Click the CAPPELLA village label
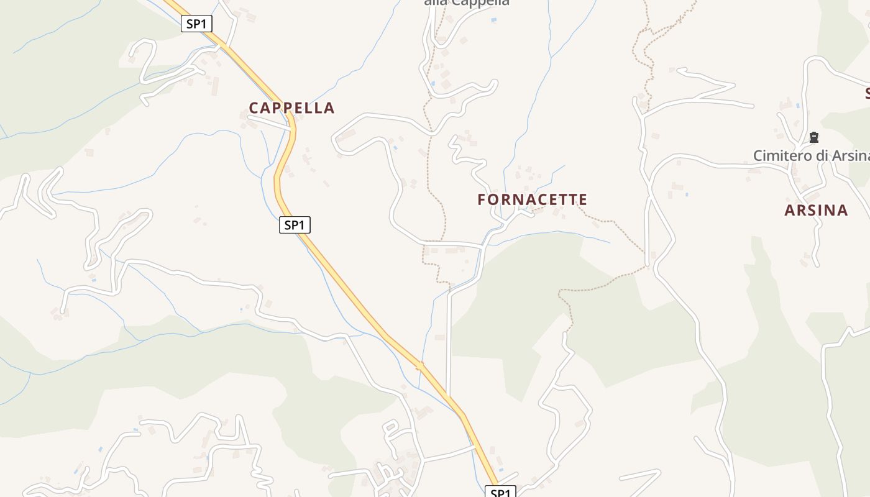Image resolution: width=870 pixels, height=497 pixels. pos(291,107)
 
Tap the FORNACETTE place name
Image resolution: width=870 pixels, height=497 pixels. pos(532,199)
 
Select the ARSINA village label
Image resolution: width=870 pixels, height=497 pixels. pos(816,210)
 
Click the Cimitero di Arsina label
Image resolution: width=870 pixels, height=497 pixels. pos(811,155)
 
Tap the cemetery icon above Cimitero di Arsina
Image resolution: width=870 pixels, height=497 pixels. pos(813,137)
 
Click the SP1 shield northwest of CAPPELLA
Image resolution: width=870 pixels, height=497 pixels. pos(196,24)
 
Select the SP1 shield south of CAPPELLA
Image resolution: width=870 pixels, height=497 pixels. pos(294,225)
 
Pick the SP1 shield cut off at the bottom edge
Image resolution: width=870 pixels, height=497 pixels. pos(500,493)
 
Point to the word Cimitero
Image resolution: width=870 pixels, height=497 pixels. pos(781,155)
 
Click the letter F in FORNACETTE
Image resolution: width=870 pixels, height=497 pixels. pos(482,199)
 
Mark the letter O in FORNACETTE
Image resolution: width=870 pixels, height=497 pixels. pos(493,199)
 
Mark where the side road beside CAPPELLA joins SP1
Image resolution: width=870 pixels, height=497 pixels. pos(291,129)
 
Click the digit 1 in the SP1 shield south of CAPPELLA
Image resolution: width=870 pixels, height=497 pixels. pos(303,225)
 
